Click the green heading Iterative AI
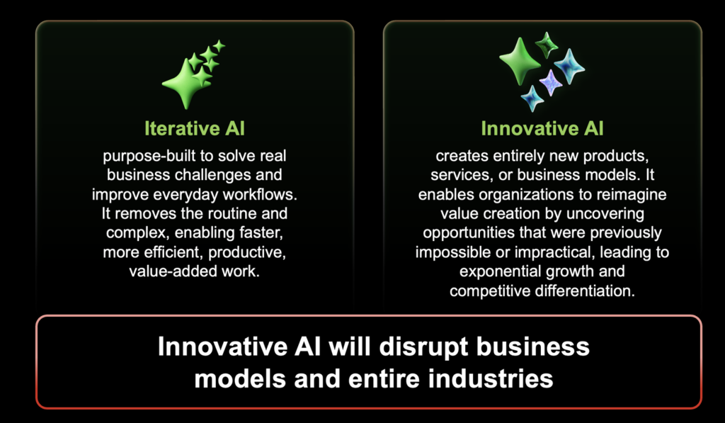click(x=195, y=128)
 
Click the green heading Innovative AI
click(x=542, y=128)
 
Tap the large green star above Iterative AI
click(x=185, y=84)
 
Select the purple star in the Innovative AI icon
click(x=550, y=82)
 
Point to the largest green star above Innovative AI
click(x=520, y=61)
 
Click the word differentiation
click(x=585, y=291)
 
